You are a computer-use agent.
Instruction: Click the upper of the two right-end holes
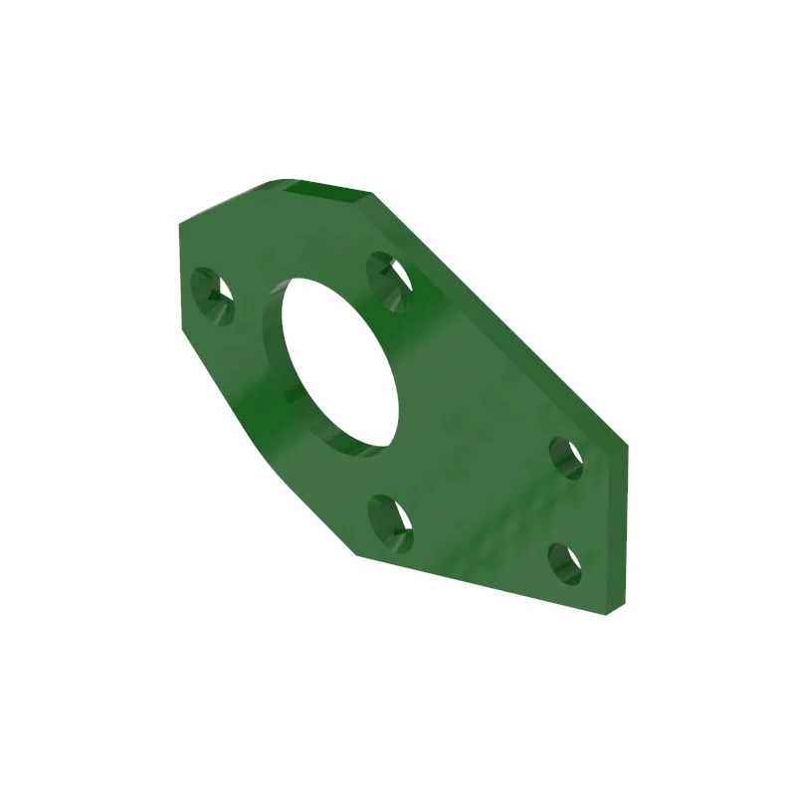[567, 458]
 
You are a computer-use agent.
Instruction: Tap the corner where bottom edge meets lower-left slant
[355, 553]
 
